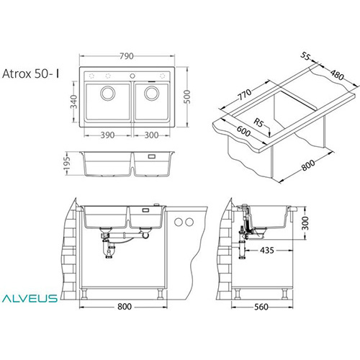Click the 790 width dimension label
coord(126,56)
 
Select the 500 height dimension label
coord(186,96)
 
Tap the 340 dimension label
coord(74,102)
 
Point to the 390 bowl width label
coord(107,135)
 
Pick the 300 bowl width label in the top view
coord(151,135)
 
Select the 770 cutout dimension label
coord(245,94)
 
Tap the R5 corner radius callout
coord(258,122)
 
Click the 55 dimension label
coord(305,56)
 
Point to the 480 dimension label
coord(337,75)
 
